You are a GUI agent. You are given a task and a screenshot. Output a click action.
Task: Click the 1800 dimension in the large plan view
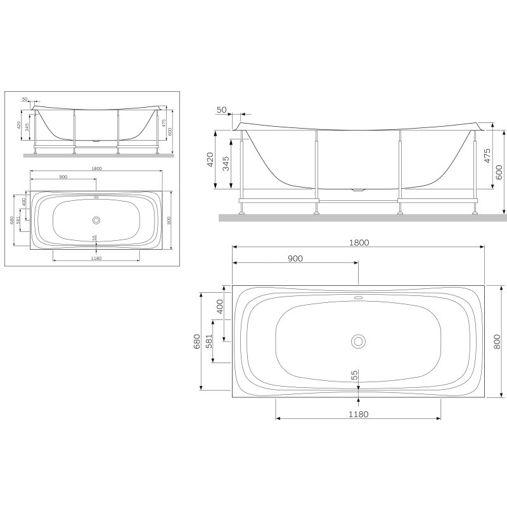click(358, 242)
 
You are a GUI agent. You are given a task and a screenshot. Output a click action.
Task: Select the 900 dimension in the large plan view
click(295, 259)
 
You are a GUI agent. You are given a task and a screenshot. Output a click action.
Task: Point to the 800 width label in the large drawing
click(497, 341)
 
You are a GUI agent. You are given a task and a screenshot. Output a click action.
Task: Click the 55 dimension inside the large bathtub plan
click(355, 375)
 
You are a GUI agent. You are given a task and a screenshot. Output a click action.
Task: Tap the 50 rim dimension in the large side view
click(222, 110)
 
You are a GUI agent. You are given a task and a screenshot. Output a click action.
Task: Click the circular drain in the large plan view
click(359, 341)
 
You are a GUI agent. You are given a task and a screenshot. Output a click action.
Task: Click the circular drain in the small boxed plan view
click(96, 220)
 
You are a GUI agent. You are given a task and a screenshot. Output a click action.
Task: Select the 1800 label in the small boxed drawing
click(96, 169)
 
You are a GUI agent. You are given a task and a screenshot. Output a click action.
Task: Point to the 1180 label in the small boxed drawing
click(96, 258)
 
